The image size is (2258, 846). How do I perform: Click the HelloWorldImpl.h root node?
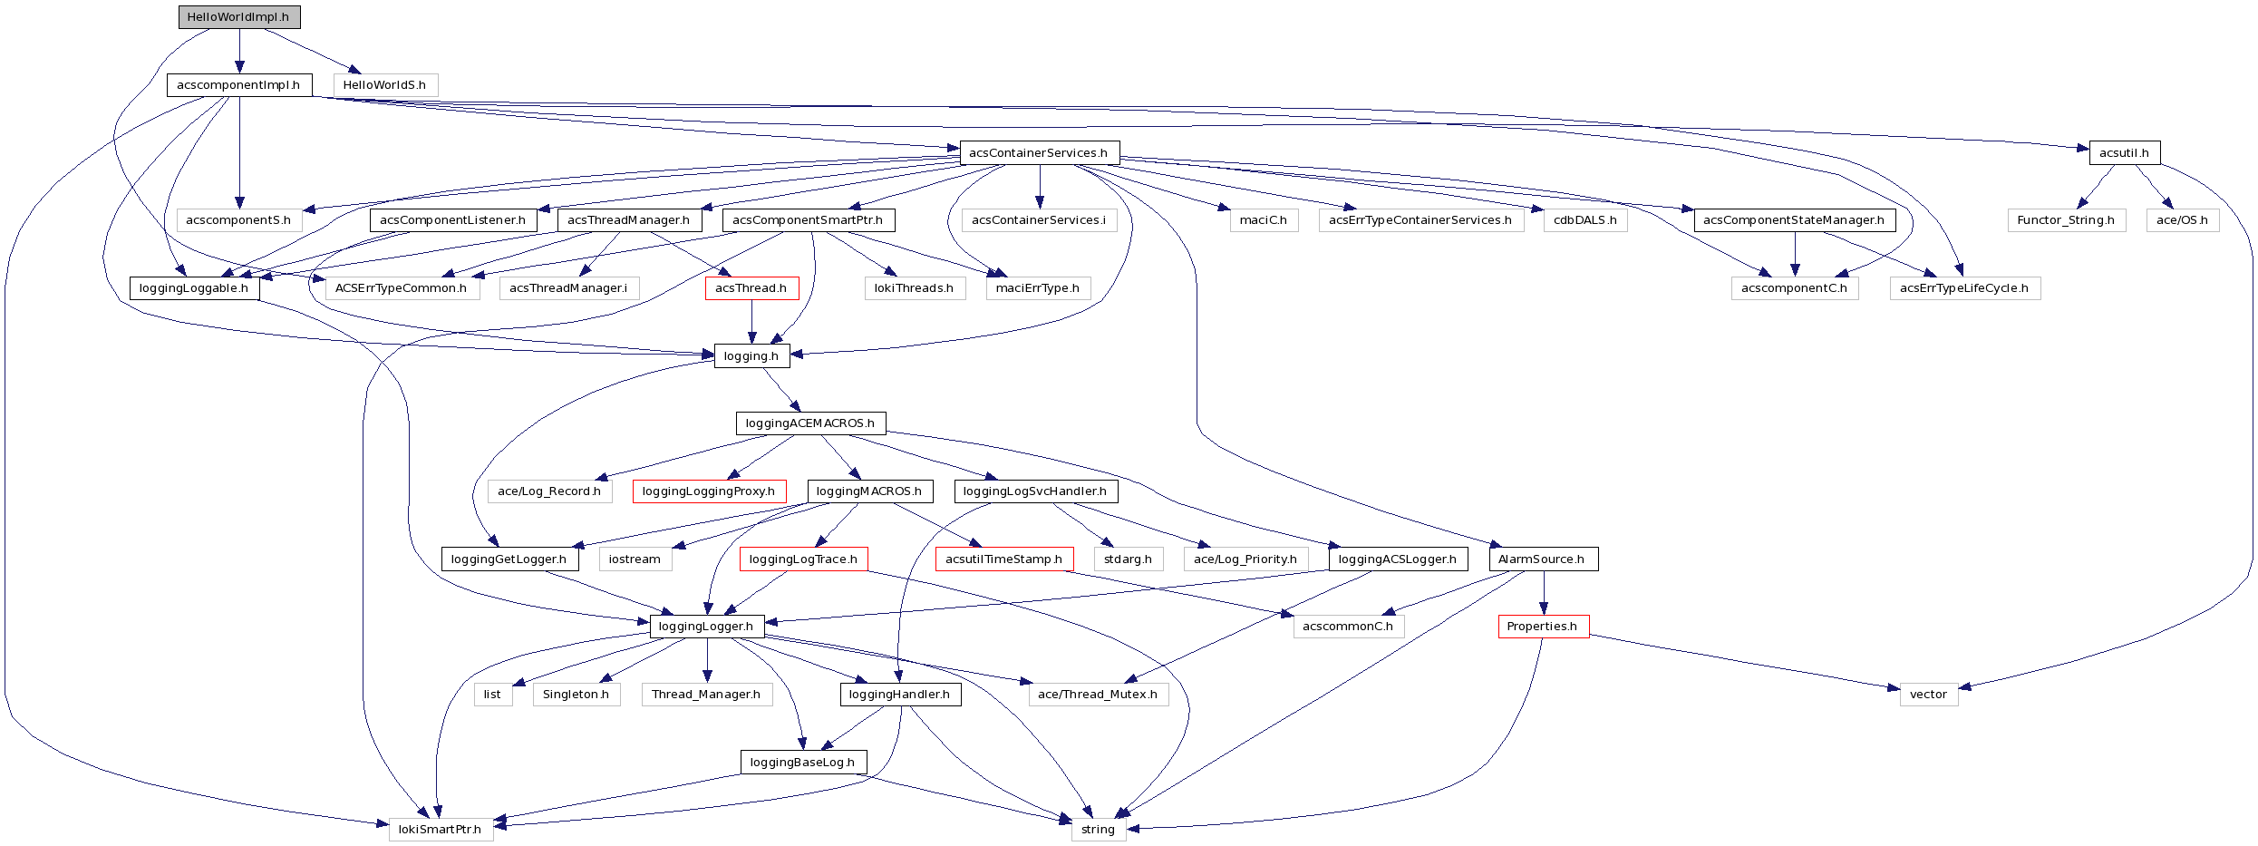pos(238,17)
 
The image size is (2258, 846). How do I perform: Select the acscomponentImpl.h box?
pos(238,85)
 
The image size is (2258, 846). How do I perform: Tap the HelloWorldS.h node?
pos(384,85)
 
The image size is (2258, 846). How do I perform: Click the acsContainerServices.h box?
pos(1039,152)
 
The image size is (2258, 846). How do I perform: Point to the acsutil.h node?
pos(2124,152)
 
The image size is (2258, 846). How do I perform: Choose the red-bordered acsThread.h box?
pos(751,288)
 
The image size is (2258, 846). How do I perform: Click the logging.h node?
pos(751,356)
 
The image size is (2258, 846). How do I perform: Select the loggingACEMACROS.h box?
pos(810,423)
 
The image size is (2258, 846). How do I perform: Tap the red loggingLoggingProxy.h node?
pos(709,491)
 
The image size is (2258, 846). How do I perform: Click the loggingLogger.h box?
pos(706,627)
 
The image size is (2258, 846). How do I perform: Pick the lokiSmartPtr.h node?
pos(441,830)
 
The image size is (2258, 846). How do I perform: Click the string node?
pos(1098,830)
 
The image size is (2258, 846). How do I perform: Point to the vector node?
pos(1928,695)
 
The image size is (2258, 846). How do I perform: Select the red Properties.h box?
pos(1543,627)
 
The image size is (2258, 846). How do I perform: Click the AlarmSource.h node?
pos(1542,559)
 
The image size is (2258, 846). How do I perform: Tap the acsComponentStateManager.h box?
pos(1794,220)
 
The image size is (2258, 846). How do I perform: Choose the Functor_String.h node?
pos(2066,220)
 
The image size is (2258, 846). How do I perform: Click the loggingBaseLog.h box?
pos(803,763)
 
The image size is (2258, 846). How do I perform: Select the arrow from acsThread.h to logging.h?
pos(751,322)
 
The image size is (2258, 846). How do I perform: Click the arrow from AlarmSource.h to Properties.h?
pos(1543,593)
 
